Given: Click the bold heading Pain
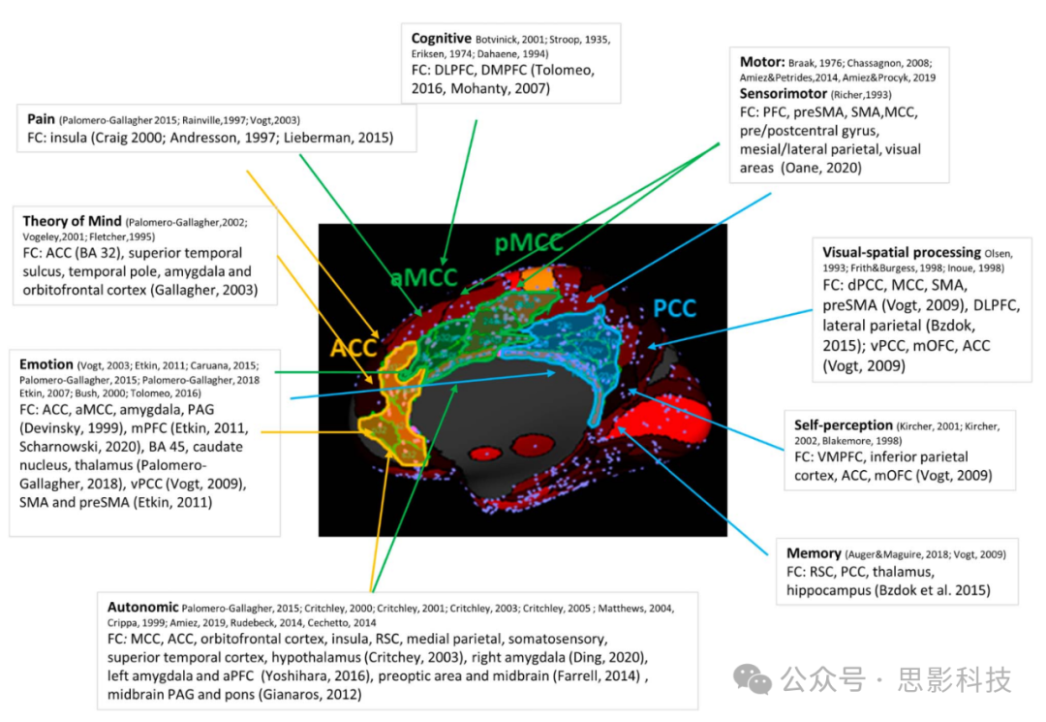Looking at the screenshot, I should coord(41,119).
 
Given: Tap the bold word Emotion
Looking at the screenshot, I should coord(46,364).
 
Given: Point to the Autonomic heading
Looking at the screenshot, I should coord(142,607).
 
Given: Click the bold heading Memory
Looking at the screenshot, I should coord(814,553).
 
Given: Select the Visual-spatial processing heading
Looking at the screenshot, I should coord(900,252).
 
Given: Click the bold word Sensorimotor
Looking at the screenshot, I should coord(783,94).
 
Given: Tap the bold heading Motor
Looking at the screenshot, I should coord(761,61).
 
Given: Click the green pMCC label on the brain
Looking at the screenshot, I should coord(528,244).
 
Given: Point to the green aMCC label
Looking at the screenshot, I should coord(423,278).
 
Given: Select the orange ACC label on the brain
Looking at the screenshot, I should coord(354,348).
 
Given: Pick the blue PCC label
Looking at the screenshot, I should coord(674,308).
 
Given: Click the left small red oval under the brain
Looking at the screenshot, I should coord(482,452).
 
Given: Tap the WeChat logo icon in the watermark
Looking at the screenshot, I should coord(753,678).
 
